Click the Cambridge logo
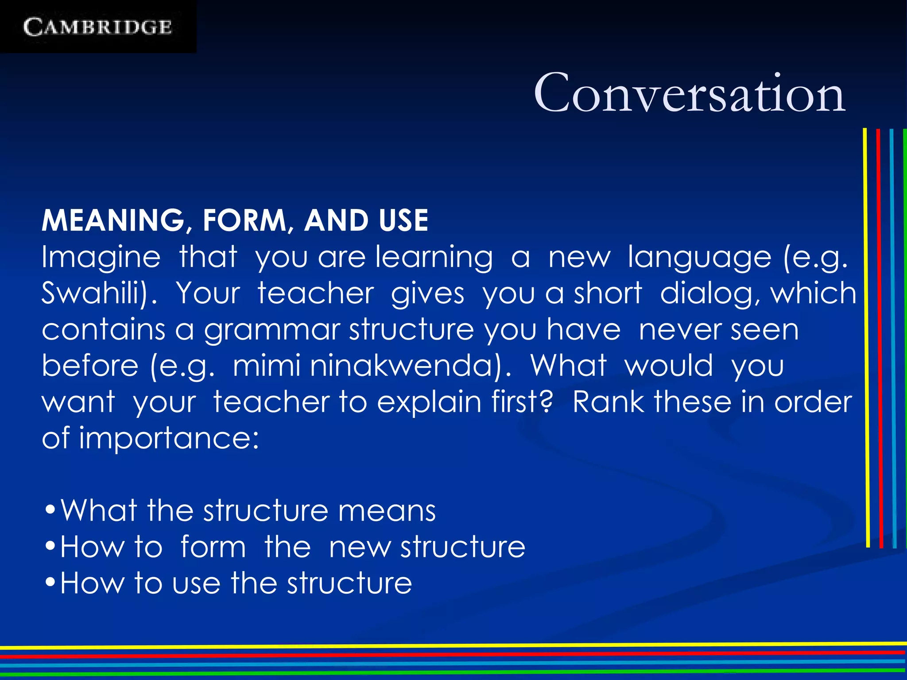[x=97, y=27]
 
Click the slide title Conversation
[x=690, y=93]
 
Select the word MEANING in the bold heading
[x=113, y=220]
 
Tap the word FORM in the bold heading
[x=244, y=220]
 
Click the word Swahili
[x=95, y=293]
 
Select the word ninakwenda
[x=406, y=366]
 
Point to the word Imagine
[x=101, y=258]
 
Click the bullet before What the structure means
[x=50, y=510]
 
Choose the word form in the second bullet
[x=213, y=547]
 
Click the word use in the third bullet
[x=196, y=583]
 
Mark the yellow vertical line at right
[x=866, y=336]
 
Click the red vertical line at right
[x=880, y=336]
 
